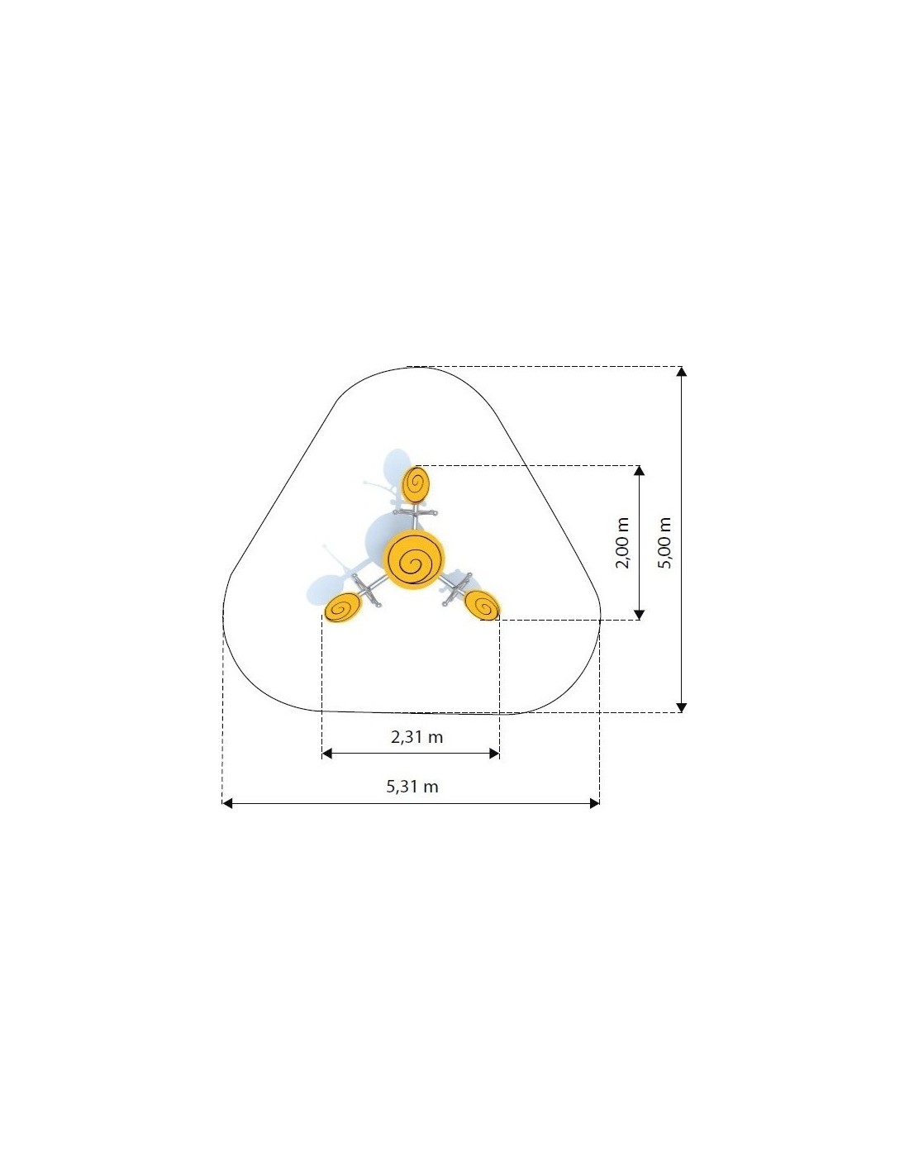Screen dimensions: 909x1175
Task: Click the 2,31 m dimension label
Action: pyautogui.click(x=416, y=736)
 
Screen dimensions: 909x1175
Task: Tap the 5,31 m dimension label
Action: pyautogui.click(x=412, y=786)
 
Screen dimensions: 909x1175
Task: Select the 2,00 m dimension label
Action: pyautogui.click(x=623, y=543)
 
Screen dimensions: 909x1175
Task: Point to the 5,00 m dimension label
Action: pyautogui.click(x=664, y=542)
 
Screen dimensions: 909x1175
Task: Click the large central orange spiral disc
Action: pyautogui.click(x=414, y=559)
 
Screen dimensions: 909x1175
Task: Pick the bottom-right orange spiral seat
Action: pyautogui.click(x=483, y=605)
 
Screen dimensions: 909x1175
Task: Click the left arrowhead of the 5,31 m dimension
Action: pyautogui.click(x=227, y=803)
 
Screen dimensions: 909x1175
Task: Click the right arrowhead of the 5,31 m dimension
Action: pyautogui.click(x=594, y=803)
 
